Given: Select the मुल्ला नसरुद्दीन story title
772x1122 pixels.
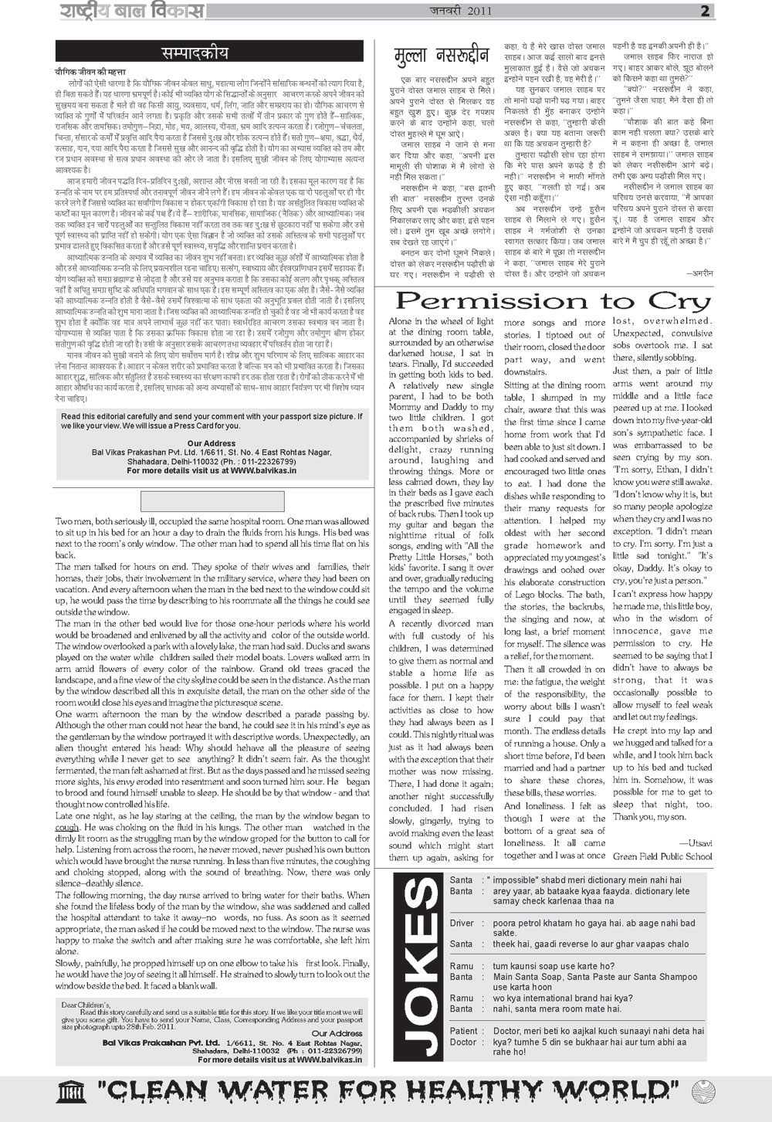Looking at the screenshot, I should [441, 56].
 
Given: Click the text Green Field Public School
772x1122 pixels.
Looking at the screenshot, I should [662, 856].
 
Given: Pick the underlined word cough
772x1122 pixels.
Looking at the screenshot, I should [67, 827].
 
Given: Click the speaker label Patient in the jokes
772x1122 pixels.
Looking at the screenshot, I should [464, 1031].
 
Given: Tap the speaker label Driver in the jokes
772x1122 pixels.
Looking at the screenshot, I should [462, 923].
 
